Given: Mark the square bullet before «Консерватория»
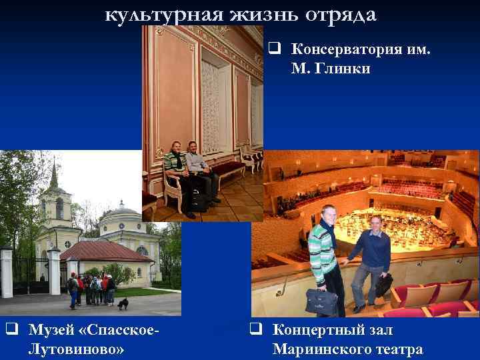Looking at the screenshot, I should pos(274,49).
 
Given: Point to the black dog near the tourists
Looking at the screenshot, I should pos(123,304).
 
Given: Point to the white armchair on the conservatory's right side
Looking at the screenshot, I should pos(249,157).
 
